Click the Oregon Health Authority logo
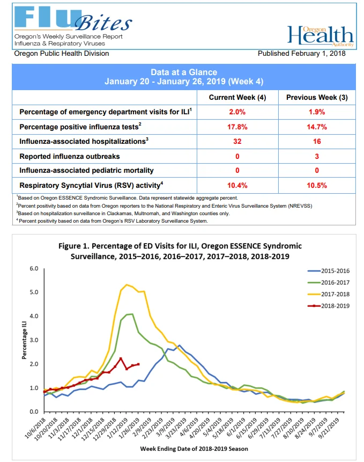pos(321,36)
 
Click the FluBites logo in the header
pos(73,19)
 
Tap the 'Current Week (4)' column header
pos(237,98)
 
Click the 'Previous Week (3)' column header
pos(317,98)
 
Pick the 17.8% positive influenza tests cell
pos(237,127)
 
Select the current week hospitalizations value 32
pos(237,142)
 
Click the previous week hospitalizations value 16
pos(317,142)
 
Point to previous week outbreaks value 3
pos(317,156)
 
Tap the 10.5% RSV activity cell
pos(317,185)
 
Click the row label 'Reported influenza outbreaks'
pos(70,157)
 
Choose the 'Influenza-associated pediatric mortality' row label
pos(86,171)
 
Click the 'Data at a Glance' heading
pos(184,72)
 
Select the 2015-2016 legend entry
pos(329,271)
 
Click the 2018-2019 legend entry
pos(329,306)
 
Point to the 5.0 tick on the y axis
pos(34,292)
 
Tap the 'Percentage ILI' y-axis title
pos(24,340)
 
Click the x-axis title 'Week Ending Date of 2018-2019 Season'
pos(194,449)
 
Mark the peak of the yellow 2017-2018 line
pos(127,284)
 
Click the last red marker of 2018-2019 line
pos(138,364)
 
